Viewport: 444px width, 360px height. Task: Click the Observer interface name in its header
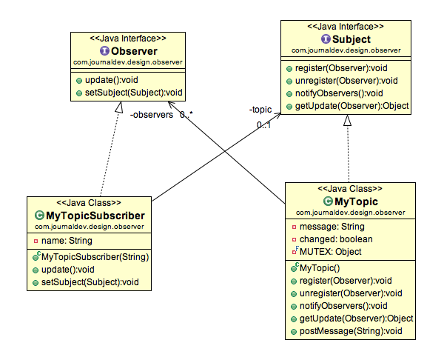[133, 51]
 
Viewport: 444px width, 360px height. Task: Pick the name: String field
[64, 241]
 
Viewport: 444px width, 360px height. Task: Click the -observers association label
[152, 115]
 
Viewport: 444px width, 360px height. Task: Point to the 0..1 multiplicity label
[264, 124]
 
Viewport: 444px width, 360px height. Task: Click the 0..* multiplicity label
[186, 115]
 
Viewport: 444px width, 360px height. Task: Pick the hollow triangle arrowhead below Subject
[347, 120]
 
